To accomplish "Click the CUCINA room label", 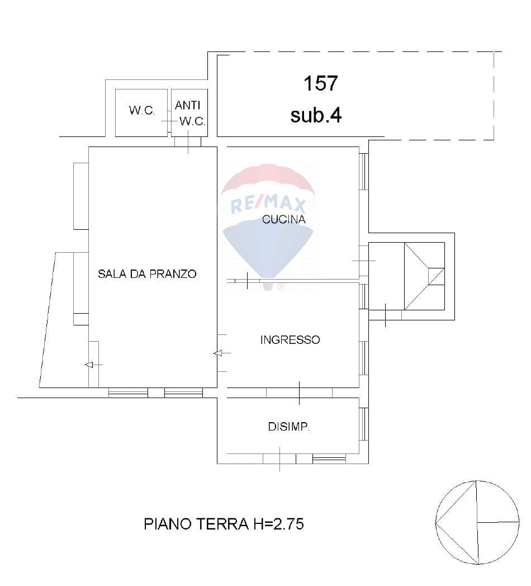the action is click(x=283, y=219).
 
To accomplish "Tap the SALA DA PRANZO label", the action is click(x=147, y=274).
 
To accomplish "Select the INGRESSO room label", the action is click(x=290, y=340).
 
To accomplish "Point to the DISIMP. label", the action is click(x=289, y=427).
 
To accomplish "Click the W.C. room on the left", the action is click(x=141, y=110).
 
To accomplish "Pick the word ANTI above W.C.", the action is click(x=188, y=105).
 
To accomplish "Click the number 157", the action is click(x=321, y=83).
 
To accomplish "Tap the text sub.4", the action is click(x=316, y=115).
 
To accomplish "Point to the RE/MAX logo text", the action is click(x=268, y=205).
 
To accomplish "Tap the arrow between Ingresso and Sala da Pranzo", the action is click(x=222, y=353).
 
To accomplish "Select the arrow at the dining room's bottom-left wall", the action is click(x=94, y=365).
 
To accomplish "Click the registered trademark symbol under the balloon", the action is click(x=281, y=287).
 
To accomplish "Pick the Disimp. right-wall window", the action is click(x=363, y=424).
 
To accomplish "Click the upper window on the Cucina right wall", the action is click(x=363, y=172).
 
